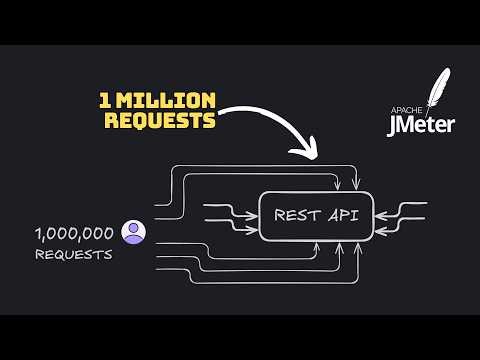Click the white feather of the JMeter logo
click(436, 93)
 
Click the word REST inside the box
click(297, 213)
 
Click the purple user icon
click(132, 233)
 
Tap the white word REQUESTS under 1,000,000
click(73, 254)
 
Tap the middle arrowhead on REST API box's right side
click(379, 213)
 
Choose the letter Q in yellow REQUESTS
click(137, 120)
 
